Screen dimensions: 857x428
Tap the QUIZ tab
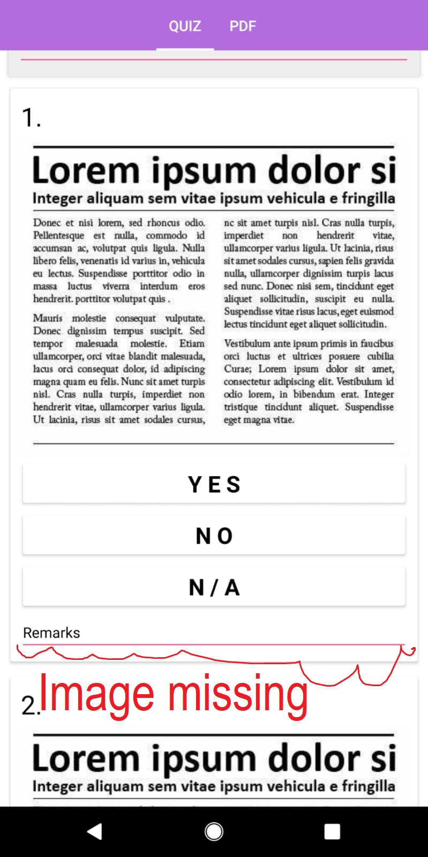185,26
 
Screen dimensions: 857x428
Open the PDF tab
243,26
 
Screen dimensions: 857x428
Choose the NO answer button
214,535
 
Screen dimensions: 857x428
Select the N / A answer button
214,587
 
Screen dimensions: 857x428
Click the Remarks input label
51,633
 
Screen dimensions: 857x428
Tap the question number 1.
31,117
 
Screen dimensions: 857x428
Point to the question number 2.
29,705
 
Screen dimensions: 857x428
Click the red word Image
97,694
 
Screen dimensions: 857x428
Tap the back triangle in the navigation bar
95,831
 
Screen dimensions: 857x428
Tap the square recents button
332,831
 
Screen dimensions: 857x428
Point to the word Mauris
48,318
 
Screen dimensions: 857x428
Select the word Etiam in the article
192,343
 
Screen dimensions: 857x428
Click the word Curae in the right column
236,369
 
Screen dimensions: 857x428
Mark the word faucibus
378,343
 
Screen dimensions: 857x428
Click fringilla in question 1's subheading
369,198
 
